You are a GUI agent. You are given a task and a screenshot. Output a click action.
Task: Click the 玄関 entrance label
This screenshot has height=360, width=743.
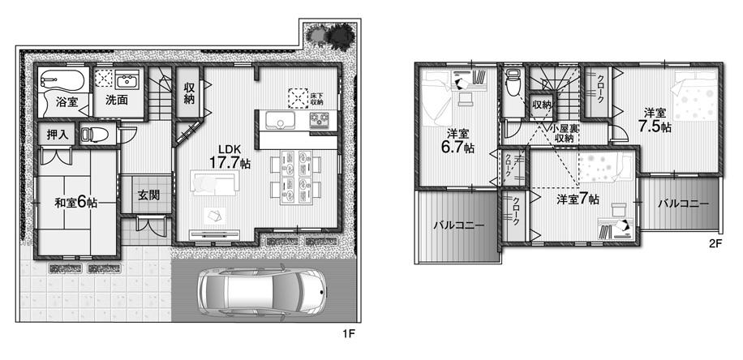click(148, 195)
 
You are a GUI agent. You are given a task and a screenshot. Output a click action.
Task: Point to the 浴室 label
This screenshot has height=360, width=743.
click(67, 102)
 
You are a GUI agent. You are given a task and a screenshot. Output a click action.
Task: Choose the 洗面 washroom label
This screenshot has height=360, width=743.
click(116, 101)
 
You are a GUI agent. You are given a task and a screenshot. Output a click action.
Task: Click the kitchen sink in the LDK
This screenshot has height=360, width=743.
click(281, 122)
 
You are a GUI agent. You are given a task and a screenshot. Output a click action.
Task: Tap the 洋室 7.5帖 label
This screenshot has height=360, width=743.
click(654, 119)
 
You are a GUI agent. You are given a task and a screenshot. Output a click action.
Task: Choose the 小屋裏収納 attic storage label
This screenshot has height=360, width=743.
click(563, 133)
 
